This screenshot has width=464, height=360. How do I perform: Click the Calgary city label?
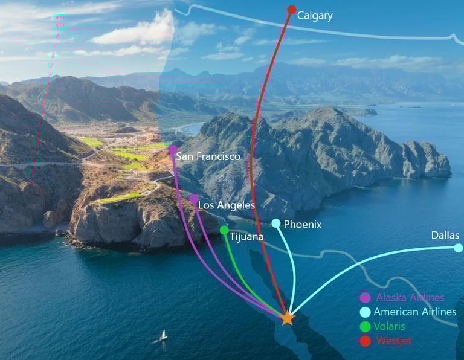[314, 16]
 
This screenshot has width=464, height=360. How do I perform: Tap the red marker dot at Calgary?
[291, 10]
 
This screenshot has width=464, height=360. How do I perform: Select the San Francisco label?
[208, 156]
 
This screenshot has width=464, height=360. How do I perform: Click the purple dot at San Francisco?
[173, 149]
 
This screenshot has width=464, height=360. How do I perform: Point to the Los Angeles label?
[227, 205]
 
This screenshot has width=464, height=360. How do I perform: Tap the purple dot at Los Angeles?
[193, 199]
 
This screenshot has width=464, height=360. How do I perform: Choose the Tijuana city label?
[246, 237]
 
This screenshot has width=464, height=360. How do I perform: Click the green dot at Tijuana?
[224, 230]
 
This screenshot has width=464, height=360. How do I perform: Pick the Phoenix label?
[303, 225]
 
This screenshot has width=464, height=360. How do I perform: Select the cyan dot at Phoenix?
[276, 223]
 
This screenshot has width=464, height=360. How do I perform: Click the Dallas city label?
[445, 236]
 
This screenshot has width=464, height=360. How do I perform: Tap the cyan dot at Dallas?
[458, 248]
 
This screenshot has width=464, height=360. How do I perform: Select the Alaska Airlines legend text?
[410, 297]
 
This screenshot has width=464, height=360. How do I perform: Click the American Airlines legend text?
[415, 312]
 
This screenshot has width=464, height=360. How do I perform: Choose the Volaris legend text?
[390, 326]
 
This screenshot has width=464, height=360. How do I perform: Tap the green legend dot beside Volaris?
[365, 326]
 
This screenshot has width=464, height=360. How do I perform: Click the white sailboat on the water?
[163, 336]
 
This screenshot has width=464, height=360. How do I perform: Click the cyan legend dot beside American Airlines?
[365, 312]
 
